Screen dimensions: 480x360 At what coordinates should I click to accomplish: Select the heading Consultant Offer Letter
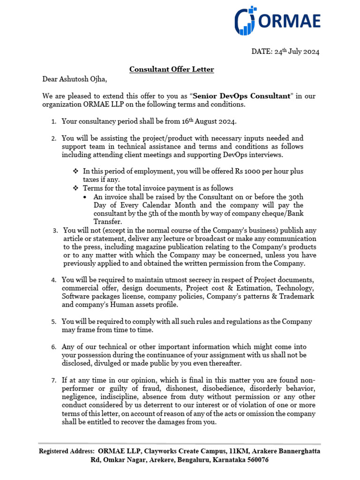(172, 69)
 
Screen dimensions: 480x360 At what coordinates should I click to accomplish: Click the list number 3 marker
(55, 231)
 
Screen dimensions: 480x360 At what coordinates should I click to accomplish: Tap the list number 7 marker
(54, 380)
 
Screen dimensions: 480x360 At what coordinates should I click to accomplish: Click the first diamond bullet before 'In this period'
(75, 172)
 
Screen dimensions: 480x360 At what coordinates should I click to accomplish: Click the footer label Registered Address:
(67, 451)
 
